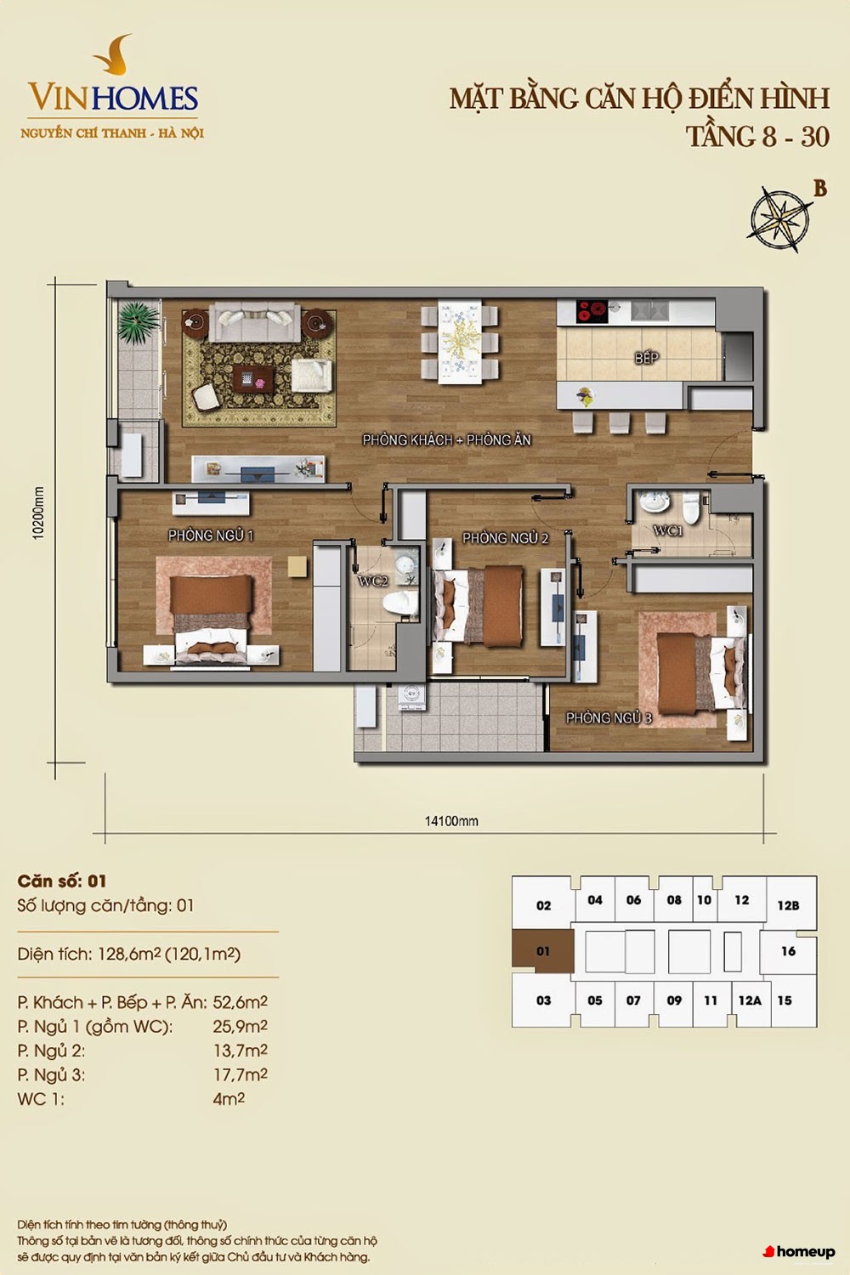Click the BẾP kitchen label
pyautogui.click(x=647, y=358)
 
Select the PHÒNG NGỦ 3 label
pyautogui.click(x=609, y=717)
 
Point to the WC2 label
pyautogui.click(x=373, y=581)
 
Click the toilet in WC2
pyautogui.click(x=399, y=603)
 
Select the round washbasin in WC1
pyautogui.click(x=651, y=502)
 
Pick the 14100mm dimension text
pyautogui.click(x=451, y=821)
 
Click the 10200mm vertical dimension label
pyautogui.click(x=38, y=513)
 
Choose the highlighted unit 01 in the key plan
pyautogui.click(x=542, y=951)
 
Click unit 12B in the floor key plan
pyautogui.click(x=789, y=905)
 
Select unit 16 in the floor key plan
pyautogui.click(x=789, y=951)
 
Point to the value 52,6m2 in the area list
pyautogui.click(x=240, y=1002)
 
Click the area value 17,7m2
pyautogui.click(x=240, y=1075)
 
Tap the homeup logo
pyautogui.click(x=799, y=1252)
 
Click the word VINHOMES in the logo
pyautogui.click(x=113, y=98)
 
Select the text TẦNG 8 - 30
pyautogui.click(x=757, y=137)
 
